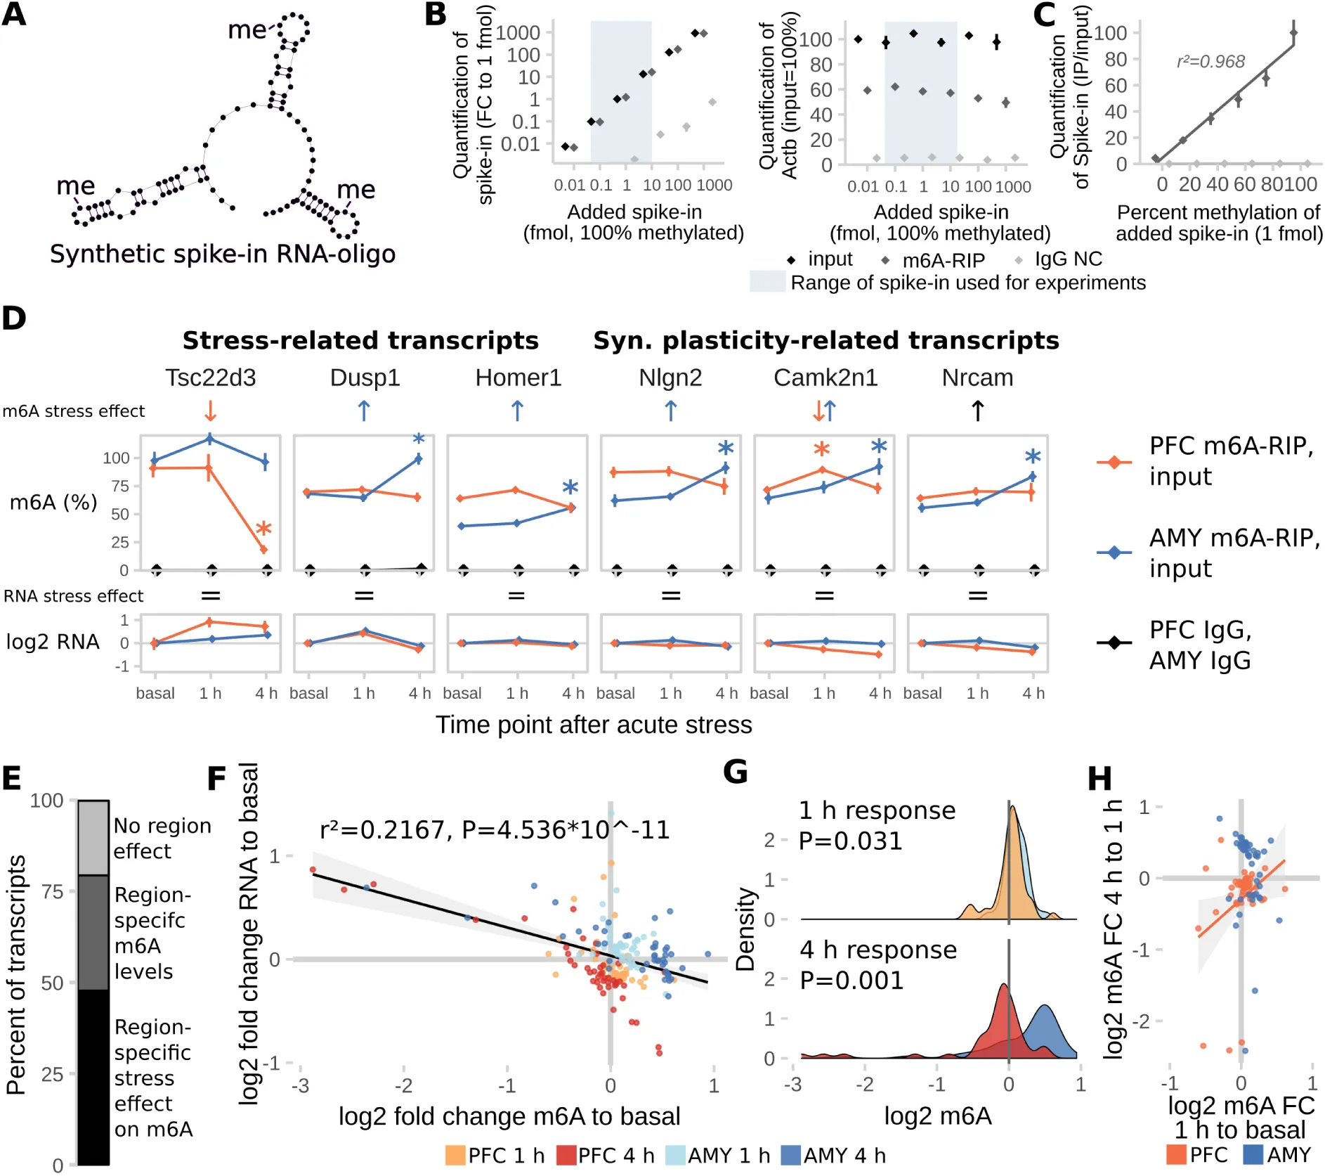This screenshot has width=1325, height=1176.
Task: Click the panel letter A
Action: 14,14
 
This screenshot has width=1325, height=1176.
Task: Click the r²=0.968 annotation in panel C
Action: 1210,62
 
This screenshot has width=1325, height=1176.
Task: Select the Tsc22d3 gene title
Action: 210,378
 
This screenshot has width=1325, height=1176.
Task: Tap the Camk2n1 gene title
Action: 825,378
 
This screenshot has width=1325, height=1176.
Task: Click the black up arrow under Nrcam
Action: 977,411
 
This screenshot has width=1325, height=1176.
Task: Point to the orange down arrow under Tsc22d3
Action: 209,411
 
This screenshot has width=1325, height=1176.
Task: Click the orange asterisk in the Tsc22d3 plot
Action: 263,529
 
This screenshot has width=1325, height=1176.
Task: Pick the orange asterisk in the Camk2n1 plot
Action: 821,449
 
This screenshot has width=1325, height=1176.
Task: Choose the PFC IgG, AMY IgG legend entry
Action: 1200,645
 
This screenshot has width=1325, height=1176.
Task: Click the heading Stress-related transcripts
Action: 360,341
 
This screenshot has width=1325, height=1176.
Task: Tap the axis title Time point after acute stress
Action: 594,725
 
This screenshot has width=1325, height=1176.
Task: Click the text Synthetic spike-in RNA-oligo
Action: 222,254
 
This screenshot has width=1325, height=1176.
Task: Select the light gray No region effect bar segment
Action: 93,838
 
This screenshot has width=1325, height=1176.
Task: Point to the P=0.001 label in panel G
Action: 851,981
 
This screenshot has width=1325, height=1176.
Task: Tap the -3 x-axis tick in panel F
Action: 301,1086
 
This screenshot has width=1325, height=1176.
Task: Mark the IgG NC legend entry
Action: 1067,259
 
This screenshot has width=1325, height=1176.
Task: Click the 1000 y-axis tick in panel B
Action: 518,33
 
